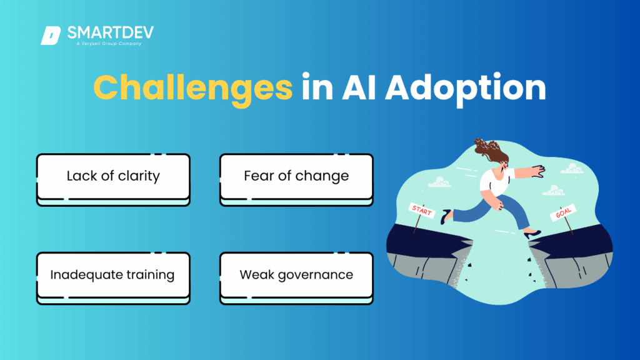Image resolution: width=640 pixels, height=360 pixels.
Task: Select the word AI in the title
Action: [x=359, y=87]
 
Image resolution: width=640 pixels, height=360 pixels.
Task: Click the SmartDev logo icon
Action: [x=51, y=36]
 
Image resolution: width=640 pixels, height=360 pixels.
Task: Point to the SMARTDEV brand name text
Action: [x=111, y=32]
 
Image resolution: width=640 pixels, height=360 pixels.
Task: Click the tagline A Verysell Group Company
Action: [x=109, y=43]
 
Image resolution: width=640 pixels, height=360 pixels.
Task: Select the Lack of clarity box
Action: [x=114, y=179]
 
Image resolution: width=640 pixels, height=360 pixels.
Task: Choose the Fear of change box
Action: [x=296, y=179]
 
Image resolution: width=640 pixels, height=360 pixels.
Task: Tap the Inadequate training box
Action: [x=114, y=278]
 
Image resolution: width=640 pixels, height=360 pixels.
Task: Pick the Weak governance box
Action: [x=296, y=278]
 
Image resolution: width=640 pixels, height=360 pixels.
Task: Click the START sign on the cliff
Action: [x=422, y=211]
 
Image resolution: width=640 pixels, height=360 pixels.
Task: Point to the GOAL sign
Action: [x=563, y=212]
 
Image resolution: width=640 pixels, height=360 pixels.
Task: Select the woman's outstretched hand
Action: [x=537, y=171]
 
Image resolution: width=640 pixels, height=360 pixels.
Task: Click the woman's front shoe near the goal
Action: [x=532, y=234]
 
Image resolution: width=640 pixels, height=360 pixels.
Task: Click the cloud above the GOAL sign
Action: [x=554, y=190]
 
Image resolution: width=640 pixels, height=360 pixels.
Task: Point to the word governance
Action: [x=316, y=275]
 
